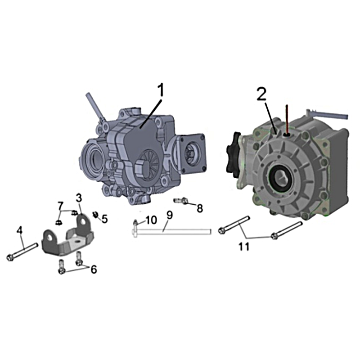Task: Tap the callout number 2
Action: click(x=261, y=94)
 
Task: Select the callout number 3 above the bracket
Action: click(x=79, y=198)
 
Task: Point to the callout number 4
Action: click(x=20, y=230)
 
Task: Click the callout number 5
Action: click(x=105, y=219)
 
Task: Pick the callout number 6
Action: click(x=94, y=269)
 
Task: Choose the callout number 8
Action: click(x=200, y=209)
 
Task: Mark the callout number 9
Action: click(x=170, y=215)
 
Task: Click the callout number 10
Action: click(x=151, y=220)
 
